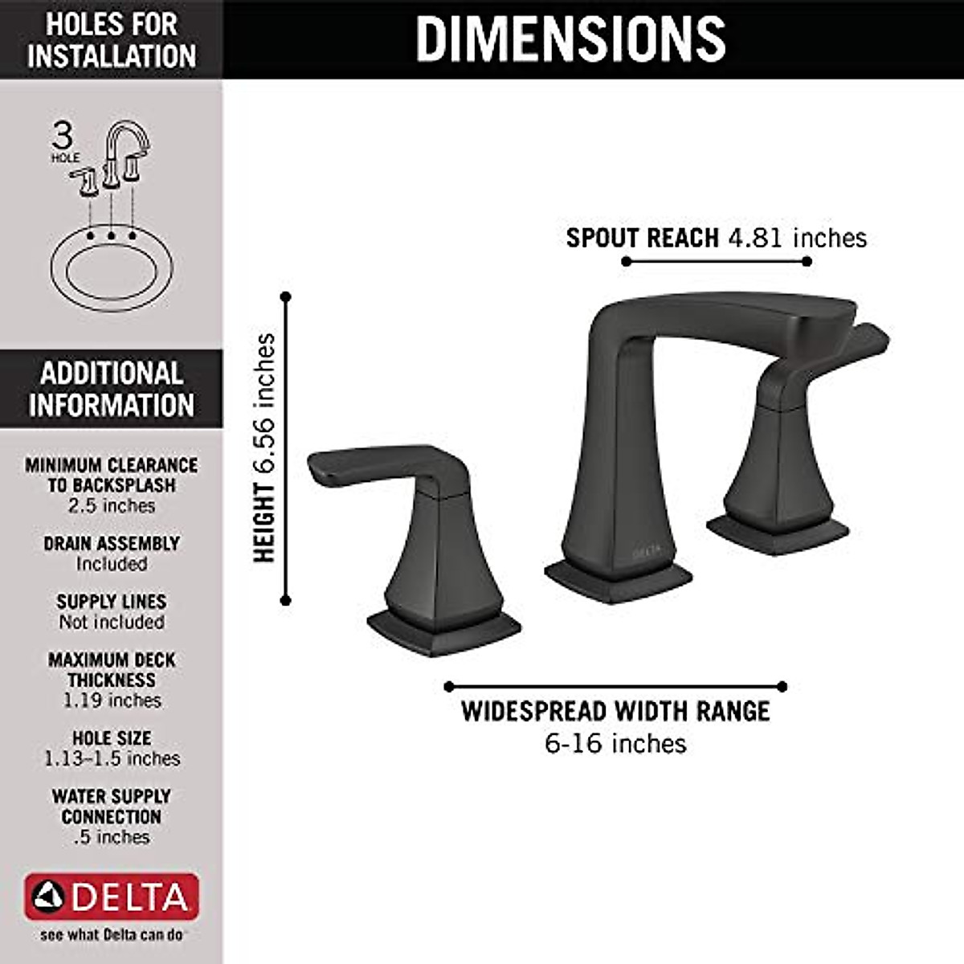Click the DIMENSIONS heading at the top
[570, 38]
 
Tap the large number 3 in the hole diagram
[63, 135]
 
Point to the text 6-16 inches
[615, 743]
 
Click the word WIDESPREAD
[533, 711]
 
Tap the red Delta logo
[112, 897]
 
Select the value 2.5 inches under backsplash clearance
[112, 506]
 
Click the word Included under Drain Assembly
[112, 564]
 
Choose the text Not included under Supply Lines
[112, 622]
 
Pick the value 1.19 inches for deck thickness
[112, 701]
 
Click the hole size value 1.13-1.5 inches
[112, 758]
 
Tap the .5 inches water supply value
[112, 837]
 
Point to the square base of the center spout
[617, 580]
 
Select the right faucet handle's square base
[777, 533]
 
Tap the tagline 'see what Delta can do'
[112, 935]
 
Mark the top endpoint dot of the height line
[285, 297]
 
